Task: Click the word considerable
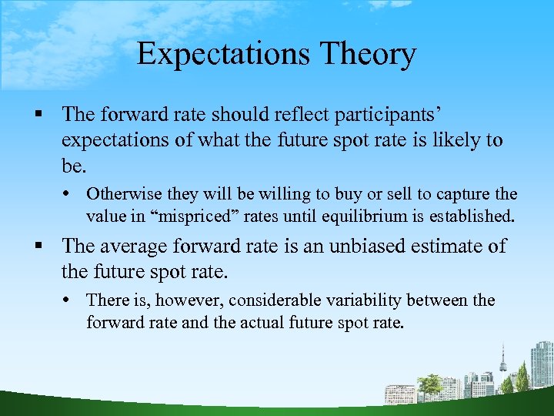pyautogui.click(x=266, y=300)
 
